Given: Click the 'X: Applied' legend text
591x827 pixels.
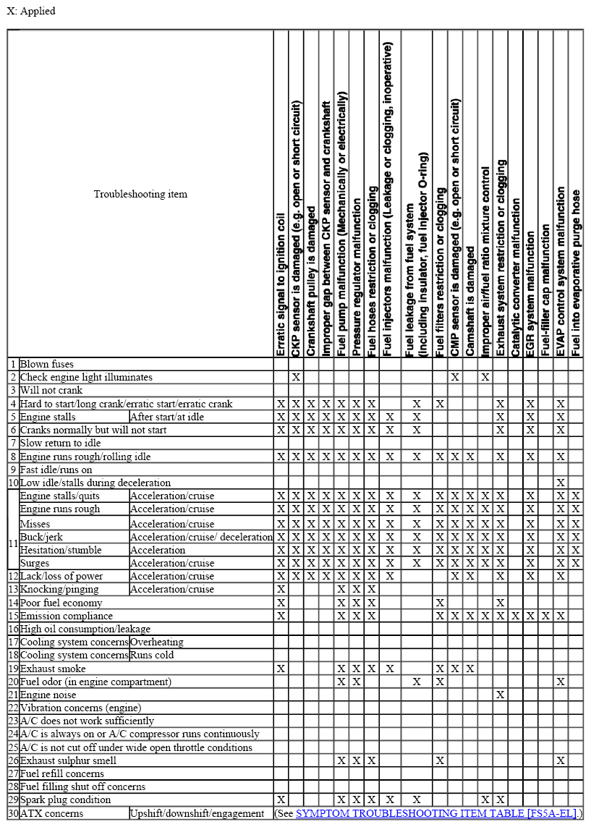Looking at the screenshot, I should (31, 11).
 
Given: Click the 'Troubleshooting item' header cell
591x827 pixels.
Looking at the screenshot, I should (140, 194).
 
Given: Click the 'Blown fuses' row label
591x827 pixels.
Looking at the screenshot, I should (46, 364).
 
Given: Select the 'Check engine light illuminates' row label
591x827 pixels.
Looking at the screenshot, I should (86, 377).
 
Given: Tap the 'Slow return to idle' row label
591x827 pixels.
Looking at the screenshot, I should (60, 443).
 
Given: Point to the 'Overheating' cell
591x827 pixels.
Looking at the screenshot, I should (156, 642).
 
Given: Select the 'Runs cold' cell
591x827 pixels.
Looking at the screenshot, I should (152, 655).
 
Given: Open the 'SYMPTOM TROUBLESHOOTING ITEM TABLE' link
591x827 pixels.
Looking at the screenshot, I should (435, 813).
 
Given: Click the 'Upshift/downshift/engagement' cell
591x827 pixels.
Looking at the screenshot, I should (197, 813).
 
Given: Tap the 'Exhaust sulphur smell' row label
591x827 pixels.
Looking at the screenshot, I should (68, 760).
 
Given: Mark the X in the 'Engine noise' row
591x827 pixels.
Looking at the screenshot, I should (500, 695).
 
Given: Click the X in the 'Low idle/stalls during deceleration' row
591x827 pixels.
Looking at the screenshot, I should (561, 483).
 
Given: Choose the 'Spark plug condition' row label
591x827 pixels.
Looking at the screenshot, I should (65, 800).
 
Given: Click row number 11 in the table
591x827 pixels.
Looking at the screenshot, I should (12, 542).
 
